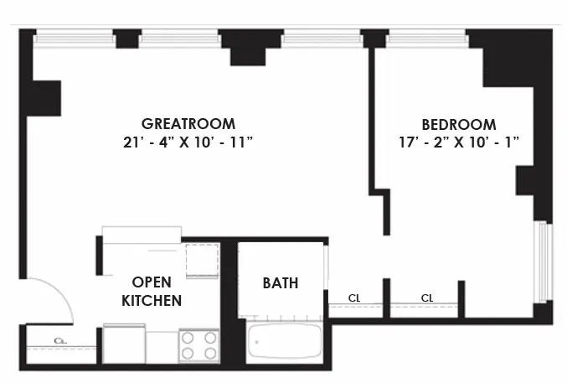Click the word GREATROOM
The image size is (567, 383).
click(x=187, y=124)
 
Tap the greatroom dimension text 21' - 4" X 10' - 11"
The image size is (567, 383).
click(x=187, y=142)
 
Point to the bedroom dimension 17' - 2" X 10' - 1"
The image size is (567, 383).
click(x=459, y=142)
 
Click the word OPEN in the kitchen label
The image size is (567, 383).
click(x=152, y=282)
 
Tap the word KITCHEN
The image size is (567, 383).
click(x=152, y=299)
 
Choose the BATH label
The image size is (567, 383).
click(x=281, y=282)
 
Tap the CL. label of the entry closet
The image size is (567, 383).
click(x=60, y=341)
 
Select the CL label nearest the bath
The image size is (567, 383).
click(x=355, y=298)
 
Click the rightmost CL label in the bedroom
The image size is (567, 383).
click(x=427, y=298)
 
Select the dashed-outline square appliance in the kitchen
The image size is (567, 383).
click(x=202, y=260)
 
